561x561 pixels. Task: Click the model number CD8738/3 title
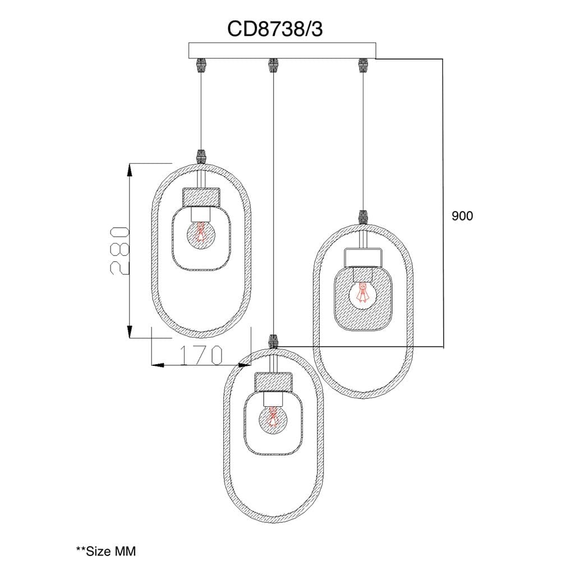275,29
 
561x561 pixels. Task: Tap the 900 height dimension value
462,216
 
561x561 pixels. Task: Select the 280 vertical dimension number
119,250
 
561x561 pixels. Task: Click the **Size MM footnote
106,550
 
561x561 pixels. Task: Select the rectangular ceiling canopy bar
282,50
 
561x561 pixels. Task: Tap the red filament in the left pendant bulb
201,232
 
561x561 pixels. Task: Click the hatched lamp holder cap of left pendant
201,197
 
